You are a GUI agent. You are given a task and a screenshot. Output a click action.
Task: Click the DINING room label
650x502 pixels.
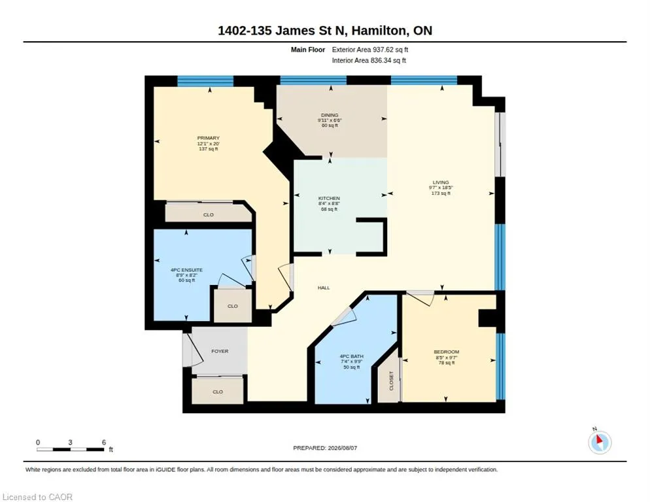[330, 115]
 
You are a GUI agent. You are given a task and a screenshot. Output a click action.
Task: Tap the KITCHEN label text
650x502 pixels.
[329, 199]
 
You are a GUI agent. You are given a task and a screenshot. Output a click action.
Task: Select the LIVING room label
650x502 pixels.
[441, 182]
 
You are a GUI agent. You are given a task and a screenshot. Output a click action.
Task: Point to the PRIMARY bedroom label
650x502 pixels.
[208, 138]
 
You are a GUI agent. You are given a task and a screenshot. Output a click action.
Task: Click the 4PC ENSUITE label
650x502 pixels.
[186, 270]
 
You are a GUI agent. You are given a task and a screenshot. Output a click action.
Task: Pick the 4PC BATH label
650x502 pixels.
[352, 356]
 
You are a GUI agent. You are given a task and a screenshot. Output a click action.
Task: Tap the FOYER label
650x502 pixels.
[220, 351]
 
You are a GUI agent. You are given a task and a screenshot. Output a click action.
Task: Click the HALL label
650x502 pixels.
[324, 288]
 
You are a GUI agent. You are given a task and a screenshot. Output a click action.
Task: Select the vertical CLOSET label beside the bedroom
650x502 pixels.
[391, 380]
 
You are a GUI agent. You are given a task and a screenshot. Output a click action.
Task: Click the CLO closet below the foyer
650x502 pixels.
[218, 392]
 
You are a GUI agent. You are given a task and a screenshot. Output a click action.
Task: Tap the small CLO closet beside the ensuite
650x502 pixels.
[233, 306]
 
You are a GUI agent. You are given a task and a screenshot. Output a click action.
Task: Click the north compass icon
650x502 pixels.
[600, 442]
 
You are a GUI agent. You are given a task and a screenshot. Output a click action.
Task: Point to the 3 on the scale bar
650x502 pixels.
[71, 443]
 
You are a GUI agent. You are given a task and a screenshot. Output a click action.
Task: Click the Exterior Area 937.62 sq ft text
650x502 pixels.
[370, 50]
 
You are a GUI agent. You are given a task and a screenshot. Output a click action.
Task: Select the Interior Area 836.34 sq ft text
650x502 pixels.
[369, 61]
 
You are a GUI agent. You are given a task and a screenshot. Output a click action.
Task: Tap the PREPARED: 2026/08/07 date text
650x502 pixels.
[325, 448]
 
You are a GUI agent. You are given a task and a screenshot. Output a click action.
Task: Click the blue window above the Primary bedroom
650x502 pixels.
[205, 81]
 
